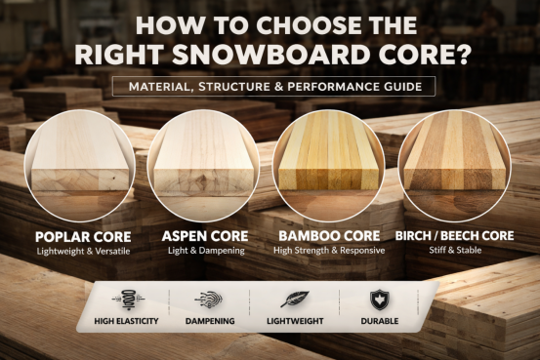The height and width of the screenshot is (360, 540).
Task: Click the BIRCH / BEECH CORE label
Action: pos(453,236)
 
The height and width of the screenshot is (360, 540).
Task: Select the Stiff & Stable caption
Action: pos(453,251)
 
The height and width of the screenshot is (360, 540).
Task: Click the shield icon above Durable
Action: pos(376,300)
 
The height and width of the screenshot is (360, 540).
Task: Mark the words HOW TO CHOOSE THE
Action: pos(270,23)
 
